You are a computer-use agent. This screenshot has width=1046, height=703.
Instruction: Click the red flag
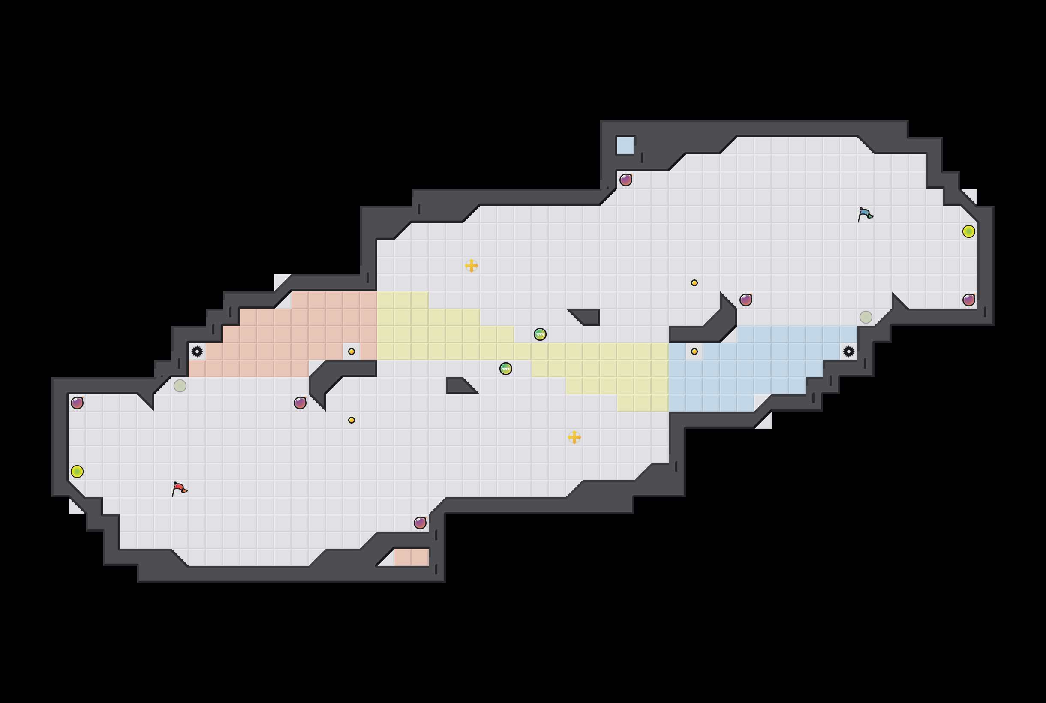click(179, 488)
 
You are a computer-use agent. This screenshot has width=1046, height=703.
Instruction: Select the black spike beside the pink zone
click(197, 351)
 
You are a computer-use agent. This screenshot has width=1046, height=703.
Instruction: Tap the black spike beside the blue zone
click(848, 351)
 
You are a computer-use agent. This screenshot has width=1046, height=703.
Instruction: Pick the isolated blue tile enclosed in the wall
click(625, 146)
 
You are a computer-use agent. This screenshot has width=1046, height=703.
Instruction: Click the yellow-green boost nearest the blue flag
click(968, 231)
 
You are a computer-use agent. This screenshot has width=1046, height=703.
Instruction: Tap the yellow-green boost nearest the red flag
click(77, 472)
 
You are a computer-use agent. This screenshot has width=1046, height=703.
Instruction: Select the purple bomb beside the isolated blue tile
click(626, 180)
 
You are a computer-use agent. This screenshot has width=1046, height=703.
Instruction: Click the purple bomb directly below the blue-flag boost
click(968, 300)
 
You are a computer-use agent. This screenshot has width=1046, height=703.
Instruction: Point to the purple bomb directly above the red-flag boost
click(77, 403)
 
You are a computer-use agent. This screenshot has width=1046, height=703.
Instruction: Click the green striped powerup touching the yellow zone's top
click(540, 334)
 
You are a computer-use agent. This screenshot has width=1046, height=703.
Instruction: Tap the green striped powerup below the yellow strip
click(506, 369)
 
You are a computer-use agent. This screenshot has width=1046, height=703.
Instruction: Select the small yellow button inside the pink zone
click(352, 351)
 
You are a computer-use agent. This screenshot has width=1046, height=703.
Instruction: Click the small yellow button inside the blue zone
click(694, 351)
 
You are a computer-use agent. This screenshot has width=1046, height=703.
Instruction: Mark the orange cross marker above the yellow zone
click(471, 266)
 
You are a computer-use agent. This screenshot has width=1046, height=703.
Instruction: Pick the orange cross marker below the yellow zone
click(574, 437)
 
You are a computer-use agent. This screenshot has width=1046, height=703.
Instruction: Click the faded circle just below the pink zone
click(180, 385)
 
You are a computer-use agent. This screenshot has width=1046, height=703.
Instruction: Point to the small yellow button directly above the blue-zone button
click(694, 283)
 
